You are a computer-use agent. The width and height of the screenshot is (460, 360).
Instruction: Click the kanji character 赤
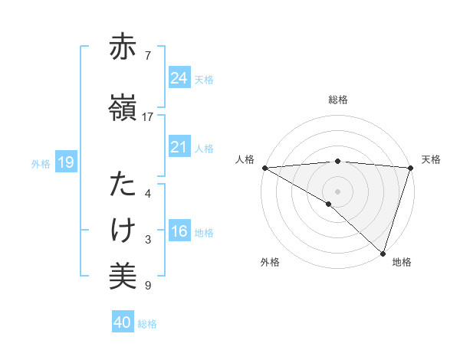point(123,47)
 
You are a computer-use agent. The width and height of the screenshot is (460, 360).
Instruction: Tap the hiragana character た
point(123,185)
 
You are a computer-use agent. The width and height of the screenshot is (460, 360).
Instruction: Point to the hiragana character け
point(123,231)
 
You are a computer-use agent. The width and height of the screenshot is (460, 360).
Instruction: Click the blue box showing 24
point(179,78)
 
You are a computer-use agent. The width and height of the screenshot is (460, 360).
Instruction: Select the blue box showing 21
point(179,147)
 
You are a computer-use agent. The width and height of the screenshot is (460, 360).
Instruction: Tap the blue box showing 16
point(179,232)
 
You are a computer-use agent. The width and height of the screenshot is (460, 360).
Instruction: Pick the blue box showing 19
point(65,162)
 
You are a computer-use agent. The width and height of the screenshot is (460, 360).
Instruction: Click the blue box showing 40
point(123,322)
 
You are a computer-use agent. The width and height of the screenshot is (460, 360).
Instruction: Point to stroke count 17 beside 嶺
point(148,117)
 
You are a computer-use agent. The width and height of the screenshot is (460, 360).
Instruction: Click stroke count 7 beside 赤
point(148,56)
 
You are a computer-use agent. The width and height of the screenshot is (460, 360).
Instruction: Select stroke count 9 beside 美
point(148,286)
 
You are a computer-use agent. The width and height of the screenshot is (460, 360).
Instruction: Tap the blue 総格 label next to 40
point(147,324)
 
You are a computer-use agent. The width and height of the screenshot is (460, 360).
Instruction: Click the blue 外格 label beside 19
point(41,163)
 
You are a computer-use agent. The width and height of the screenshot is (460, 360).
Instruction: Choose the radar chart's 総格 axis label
point(337,100)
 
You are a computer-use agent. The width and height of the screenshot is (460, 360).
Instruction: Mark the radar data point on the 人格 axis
point(264,168)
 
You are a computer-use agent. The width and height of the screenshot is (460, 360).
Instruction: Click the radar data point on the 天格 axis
point(410,168)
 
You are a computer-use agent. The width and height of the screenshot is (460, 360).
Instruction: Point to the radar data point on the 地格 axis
point(383,253)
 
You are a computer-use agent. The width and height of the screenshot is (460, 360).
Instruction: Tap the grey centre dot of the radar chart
point(337,191)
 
